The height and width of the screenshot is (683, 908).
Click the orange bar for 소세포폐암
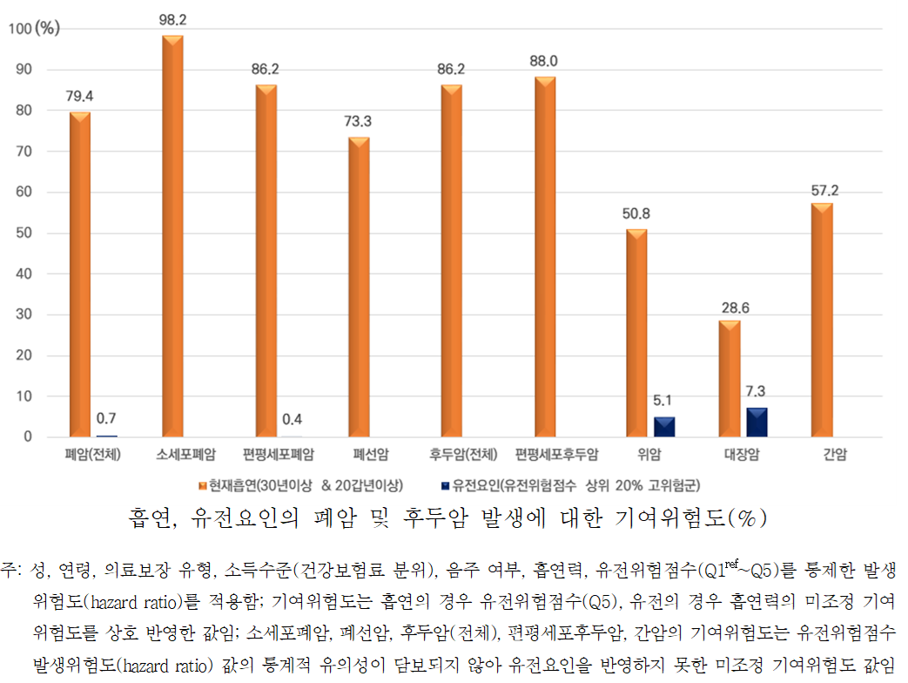[x=173, y=236]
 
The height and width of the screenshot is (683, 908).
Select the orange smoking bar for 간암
[x=822, y=320]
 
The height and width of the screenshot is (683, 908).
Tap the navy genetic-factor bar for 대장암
[x=757, y=422]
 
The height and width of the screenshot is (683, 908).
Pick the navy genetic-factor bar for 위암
[x=663, y=427]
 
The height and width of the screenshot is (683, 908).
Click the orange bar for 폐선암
[x=359, y=287]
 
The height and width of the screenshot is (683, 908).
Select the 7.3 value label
[x=757, y=391]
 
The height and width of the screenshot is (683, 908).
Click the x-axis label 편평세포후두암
[x=556, y=455]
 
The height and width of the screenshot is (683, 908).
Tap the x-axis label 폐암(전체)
[x=91, y=455]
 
